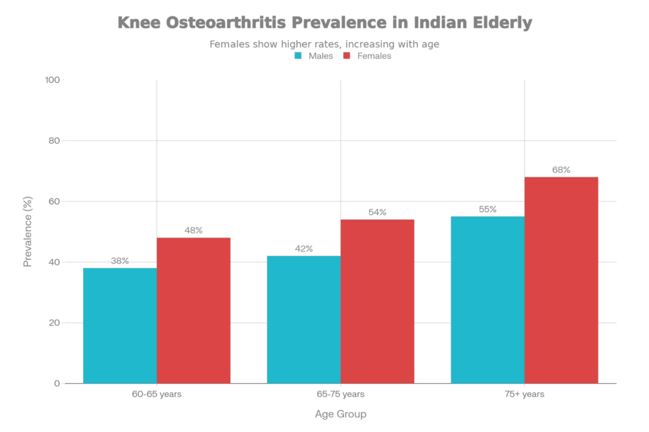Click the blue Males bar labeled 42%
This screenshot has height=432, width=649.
coord(304,319)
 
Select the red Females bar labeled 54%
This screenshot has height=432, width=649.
coord(378,301)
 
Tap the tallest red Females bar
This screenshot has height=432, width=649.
coord(562,279)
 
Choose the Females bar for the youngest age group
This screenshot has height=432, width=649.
coord(194,310)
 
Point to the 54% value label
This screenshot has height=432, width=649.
coord(378,212)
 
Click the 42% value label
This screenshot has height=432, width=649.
coord(304,249)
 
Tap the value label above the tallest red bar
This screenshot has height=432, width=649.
coord(562,170)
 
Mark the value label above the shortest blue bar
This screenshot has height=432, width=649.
coord(120,260)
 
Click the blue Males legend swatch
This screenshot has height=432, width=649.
coord(297,56)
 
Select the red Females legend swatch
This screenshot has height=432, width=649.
coord(346,56)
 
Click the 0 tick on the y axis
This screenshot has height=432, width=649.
coord(56,383)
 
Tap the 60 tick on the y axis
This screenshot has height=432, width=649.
coord(55,201)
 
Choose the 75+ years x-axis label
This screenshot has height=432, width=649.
coord(524,395)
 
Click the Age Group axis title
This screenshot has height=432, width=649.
coord(340,414)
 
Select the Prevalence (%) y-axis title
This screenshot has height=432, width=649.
coord(27,232)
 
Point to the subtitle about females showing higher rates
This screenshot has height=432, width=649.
coord(324,44)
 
